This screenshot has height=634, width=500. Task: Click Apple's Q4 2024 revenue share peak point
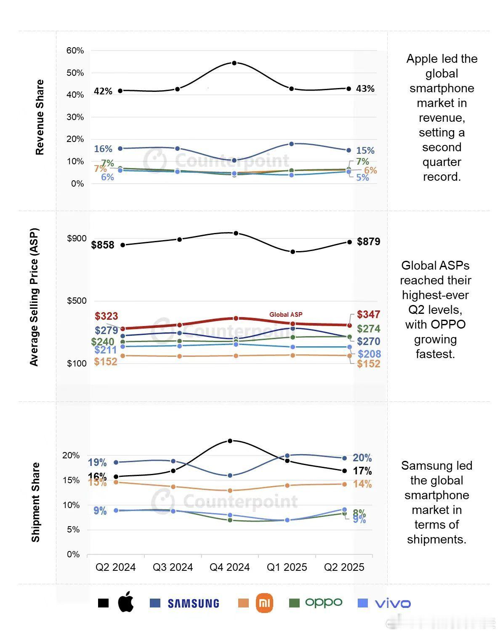234,63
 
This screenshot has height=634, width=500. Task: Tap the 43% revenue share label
365,88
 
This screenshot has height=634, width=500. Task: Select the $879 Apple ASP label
368,241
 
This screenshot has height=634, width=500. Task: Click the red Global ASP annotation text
286,314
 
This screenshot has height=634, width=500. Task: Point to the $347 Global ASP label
368,314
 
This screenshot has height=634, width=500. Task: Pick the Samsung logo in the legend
193,603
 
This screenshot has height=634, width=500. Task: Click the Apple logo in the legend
126,602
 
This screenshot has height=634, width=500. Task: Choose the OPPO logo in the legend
323,602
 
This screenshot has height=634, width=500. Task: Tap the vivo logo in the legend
392,603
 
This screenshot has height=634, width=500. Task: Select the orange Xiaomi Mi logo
264,603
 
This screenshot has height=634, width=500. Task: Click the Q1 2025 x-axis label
287,567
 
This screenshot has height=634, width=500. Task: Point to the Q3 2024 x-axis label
173,567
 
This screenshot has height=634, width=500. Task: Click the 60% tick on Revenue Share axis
75,51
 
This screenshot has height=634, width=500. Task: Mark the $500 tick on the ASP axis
77,300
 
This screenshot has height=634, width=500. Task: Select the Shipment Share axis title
36,502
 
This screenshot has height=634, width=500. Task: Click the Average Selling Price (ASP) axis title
34,297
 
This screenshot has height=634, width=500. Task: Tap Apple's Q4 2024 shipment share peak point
230,441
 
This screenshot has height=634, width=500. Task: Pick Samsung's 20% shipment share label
362,458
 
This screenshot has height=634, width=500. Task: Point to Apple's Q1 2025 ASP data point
293,251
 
